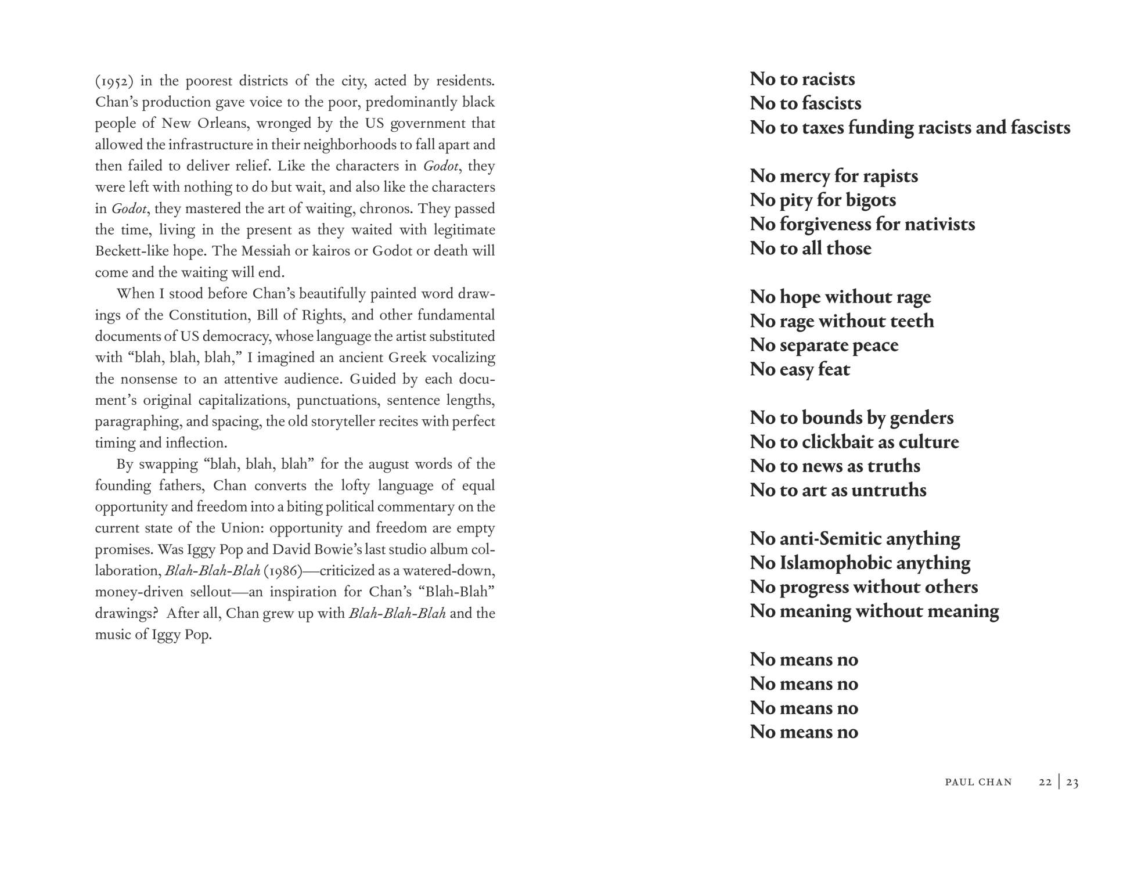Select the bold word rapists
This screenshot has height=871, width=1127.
(891, 175)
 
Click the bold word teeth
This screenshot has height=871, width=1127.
(912, 321)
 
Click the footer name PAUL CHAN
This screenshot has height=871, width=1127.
(978, 782)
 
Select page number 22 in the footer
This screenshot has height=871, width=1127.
(1045, 782)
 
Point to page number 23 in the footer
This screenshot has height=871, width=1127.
(1072, 782)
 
